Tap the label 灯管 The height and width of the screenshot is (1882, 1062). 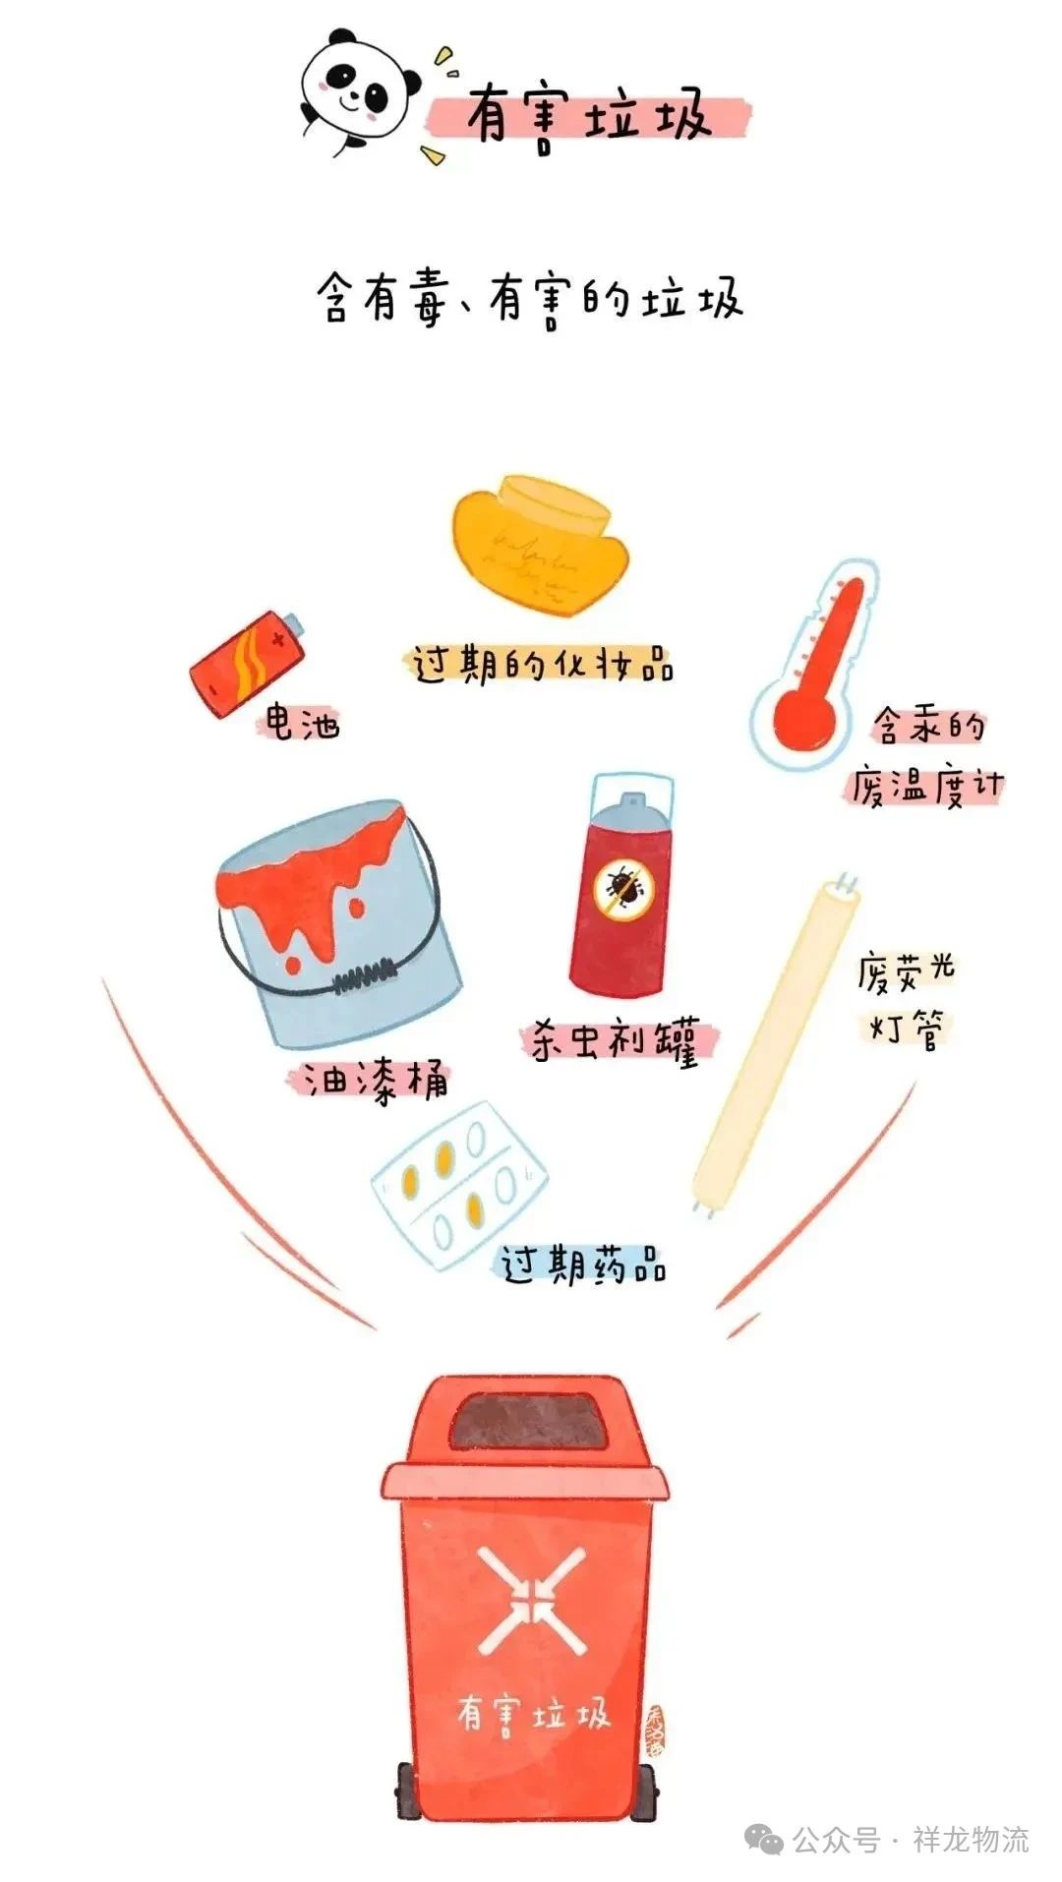[907, 1029]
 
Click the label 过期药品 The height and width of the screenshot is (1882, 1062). [584, 1264]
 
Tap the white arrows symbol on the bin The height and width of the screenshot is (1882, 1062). [531, 1599]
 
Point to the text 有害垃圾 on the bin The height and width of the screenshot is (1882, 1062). [533, 1715]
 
